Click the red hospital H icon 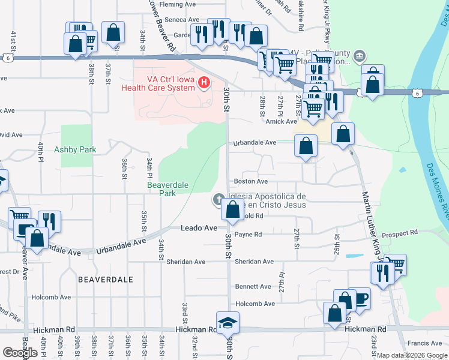tap(205, 82)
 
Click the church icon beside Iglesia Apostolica tap(220, 199)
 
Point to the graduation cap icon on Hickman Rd tap(228, 323)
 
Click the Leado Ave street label tap(199, 229)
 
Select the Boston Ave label tap(251, 181)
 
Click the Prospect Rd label tap(399, 233)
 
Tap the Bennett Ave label tap(253, 287)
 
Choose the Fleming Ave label tap(178, 4)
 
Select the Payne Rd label tap(249, 235)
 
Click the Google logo tap(20, 353)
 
